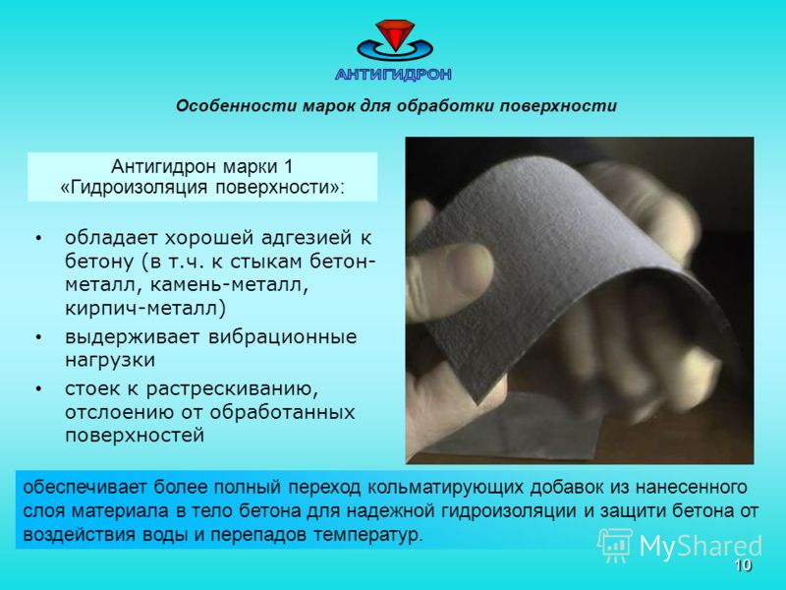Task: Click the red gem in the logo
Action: (x=395, y=34)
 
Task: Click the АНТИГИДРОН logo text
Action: (x=394, y=75)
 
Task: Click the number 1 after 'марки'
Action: (x=288, y=165)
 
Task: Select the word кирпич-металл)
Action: (x=145, y=308)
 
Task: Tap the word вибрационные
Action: (x=282, y=336)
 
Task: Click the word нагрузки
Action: (x=110, y=361)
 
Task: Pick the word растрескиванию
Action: (x=232, y=389)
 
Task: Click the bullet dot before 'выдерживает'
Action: (x=38, y=337)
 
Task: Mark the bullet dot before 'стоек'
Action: (x=38, y=389)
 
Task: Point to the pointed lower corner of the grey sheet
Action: (x=477, y=402)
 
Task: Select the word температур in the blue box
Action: (x=367, y=535)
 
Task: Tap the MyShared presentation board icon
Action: (x=615, y=545)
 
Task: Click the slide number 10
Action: (x=743, y=565)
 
